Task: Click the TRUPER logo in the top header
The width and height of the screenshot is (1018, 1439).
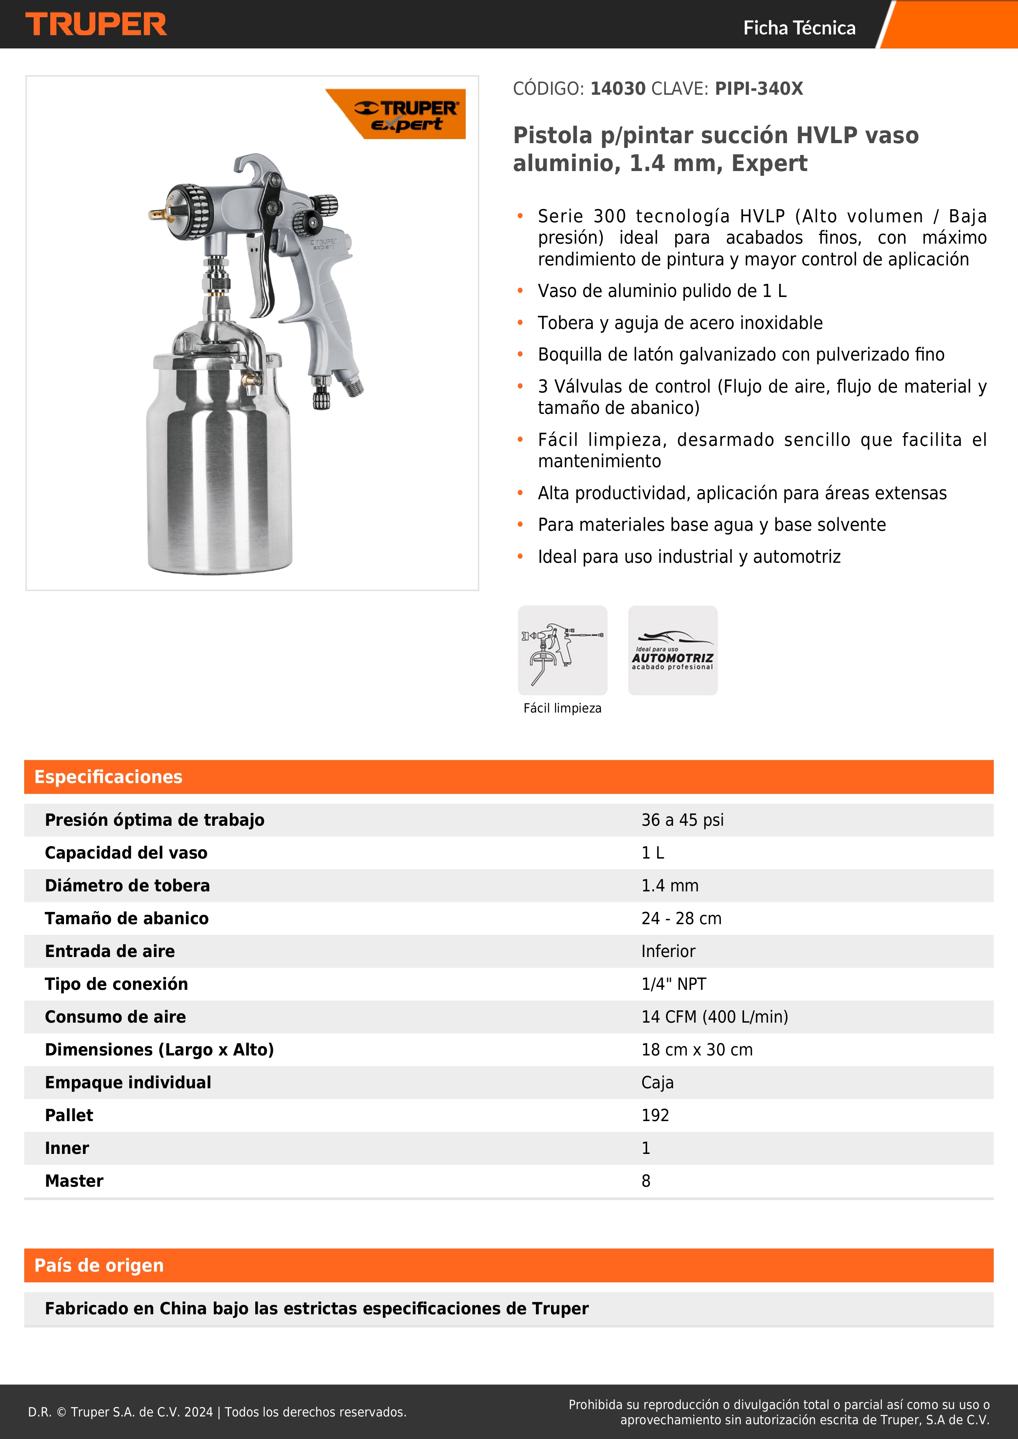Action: tap(96, 25)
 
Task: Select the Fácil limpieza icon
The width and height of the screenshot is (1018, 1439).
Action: tap(562, 650)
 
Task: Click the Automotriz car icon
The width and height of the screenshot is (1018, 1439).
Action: tap(673, 650)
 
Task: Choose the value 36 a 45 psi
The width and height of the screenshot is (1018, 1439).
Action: tap(682, 820)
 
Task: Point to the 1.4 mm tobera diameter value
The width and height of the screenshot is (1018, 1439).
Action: tap(670, 886)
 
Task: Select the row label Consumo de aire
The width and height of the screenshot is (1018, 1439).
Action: tap(115, 1016)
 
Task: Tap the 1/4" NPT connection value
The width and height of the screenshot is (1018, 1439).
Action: tap(673, 984)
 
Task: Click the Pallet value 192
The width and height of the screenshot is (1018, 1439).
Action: tap(655, 1115)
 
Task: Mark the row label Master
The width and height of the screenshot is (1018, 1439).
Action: tap(74, 1181)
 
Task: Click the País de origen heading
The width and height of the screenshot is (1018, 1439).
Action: tap(99, 1265)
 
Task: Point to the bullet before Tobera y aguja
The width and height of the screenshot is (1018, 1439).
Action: tap(519, 323)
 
